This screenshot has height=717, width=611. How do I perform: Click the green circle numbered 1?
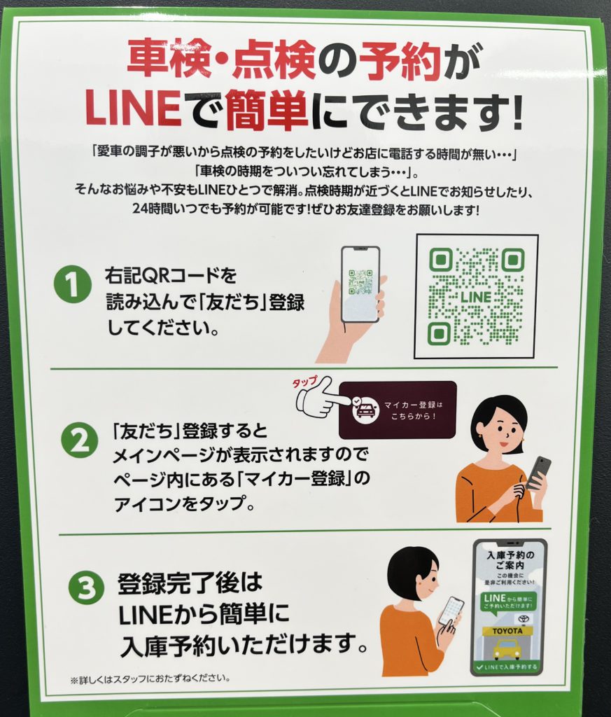pos(73,284)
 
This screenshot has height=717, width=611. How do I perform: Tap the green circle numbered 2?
pos(79,440)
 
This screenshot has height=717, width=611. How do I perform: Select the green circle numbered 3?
pos(86,587)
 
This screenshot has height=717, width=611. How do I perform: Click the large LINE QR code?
pos(476,296)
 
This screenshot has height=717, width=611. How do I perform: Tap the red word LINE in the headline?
pos(133,109)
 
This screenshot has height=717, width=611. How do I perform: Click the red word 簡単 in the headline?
pos(267,109)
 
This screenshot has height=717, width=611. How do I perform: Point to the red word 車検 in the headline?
pos(169,59)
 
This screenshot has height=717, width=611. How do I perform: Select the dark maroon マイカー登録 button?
pos(398,410)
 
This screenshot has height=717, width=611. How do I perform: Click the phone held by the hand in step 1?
pos(360,284)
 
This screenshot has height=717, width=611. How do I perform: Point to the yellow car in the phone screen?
pos(507,648)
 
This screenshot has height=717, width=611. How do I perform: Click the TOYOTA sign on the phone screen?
pos(507,631)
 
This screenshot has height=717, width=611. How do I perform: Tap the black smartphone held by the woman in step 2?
pos(538,473)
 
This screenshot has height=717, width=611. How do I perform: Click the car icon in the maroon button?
pos(365,410)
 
